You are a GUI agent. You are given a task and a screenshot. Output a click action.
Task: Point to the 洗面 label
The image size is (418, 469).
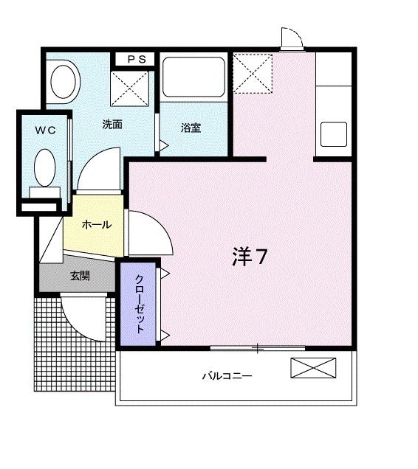tap(112, 125)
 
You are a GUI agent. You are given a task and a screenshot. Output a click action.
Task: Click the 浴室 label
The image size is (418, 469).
tap(191, 128)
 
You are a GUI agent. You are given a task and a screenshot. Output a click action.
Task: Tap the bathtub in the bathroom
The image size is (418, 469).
tap(193, 78)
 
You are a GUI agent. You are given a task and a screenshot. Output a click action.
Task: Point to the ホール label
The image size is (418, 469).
tap(96, 224)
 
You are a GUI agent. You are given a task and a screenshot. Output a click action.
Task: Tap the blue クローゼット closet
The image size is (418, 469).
tap(140, 303)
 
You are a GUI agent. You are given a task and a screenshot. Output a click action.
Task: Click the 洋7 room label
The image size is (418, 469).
tap(250, 256)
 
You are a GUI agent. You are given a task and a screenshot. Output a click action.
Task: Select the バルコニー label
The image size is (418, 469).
tap(228, 376)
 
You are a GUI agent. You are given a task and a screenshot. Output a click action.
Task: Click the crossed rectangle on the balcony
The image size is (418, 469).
tap(312, 368)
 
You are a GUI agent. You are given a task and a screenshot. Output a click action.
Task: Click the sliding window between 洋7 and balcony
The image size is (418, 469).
tap(257, 347)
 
